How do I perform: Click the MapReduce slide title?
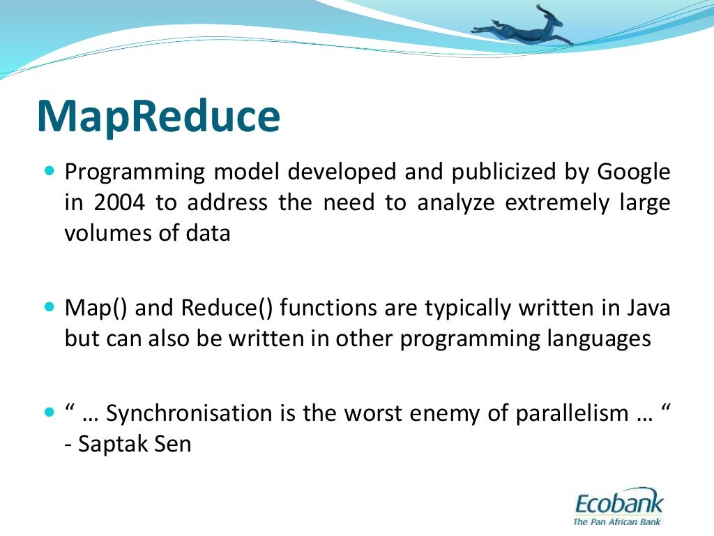coord(158,117)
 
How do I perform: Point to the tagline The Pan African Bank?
coord(616,521)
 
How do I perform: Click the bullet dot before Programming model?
coord(49,170)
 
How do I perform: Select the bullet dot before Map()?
coord(49,306)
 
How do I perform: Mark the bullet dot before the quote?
coord(49,412)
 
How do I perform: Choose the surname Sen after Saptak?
coord(174,444)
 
